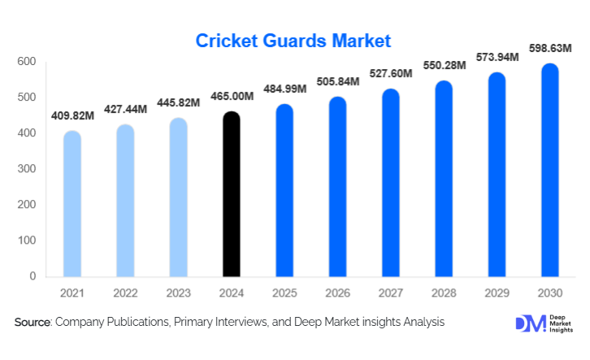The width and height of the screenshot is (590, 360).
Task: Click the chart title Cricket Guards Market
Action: (293, 40)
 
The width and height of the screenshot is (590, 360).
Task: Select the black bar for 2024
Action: (232, 195)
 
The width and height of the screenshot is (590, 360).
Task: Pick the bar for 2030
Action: (550, 171)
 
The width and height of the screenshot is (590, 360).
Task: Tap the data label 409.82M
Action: (72, 115)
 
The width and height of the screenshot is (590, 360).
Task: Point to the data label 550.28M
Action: (444, 64)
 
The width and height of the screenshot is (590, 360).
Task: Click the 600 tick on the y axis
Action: (27, 62)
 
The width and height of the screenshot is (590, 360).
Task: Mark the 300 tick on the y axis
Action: (27, 169)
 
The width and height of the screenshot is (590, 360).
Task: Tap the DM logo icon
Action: (527, 323)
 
